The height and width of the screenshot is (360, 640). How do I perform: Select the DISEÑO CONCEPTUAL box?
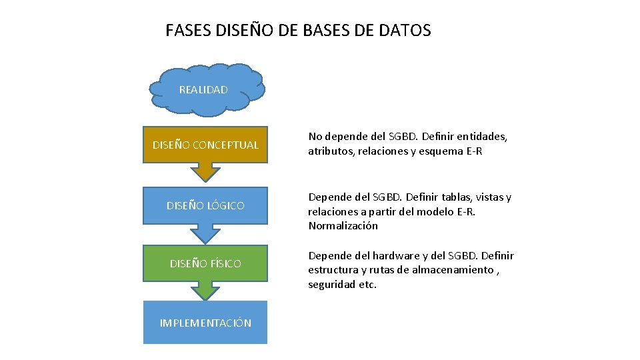click(x=205, y=145)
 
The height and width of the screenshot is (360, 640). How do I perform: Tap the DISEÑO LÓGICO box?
click(x=205, y=205)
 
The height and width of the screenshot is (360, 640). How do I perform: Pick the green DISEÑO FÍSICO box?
click(x=205, y=263)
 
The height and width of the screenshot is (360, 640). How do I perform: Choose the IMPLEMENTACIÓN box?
click(x=205, y=323)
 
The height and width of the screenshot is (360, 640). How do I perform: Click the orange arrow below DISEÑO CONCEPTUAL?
click(x=205, y=172)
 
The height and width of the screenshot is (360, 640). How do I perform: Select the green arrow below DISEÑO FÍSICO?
click(x=205, y=291)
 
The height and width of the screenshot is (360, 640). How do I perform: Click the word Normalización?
click(x=343, y=225)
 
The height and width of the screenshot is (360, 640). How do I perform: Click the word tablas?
click(x=455, y=197)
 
